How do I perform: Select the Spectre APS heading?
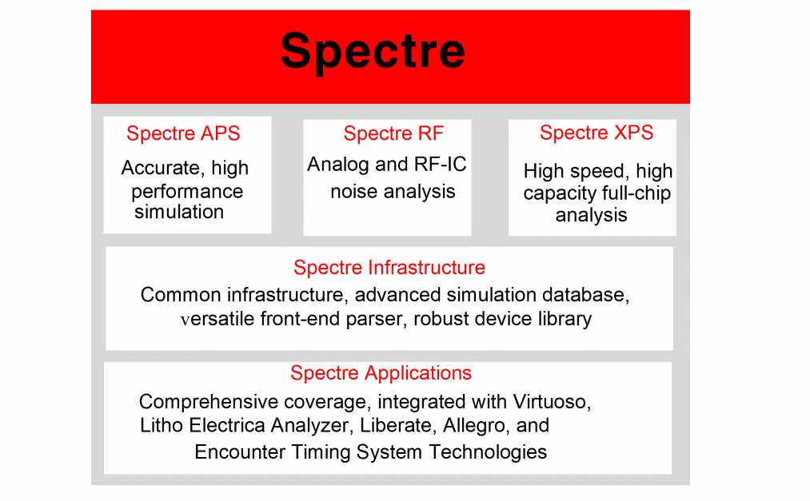[183, 133]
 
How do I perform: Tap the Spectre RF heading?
[393, 133]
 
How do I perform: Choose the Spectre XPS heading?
[597, 133]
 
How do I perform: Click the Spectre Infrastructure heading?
[389, 267]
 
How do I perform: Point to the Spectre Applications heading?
[381, 373]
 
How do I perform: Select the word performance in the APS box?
[187, 192]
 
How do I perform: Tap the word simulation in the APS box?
[179, 212]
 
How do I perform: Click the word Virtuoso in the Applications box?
[552, 402]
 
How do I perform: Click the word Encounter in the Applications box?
[240, 452]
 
